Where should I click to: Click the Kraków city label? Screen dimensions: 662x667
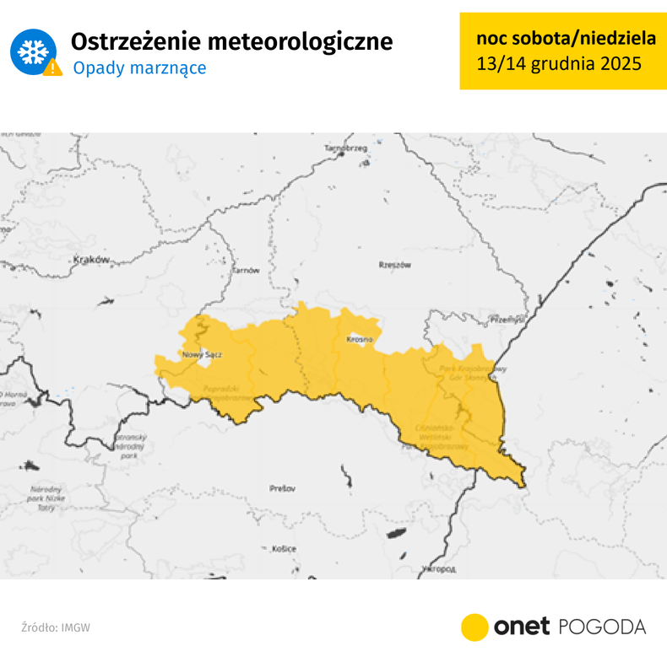click(92, 261)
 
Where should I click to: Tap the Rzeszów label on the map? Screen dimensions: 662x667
click(395, 265)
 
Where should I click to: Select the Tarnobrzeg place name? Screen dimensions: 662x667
click(346, 148)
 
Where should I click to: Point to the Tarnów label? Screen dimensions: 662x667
click(246, 270)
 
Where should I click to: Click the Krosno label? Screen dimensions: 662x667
click(360, 339)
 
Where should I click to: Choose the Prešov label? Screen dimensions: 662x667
click(281, 488)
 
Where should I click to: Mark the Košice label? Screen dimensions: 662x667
click(285, 549)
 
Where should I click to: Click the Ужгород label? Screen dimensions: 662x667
click(437, 570)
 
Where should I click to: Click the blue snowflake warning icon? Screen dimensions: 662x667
click(32, 52)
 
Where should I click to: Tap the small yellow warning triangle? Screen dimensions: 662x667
click(53, 67)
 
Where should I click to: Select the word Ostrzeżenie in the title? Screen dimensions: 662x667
click(134, 41)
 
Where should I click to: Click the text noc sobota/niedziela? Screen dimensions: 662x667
click(558, 39)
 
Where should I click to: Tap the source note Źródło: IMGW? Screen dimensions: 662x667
click(56, 627)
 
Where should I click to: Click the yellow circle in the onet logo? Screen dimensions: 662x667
click(474, 627)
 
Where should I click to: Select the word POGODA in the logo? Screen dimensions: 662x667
click(602, 627)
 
